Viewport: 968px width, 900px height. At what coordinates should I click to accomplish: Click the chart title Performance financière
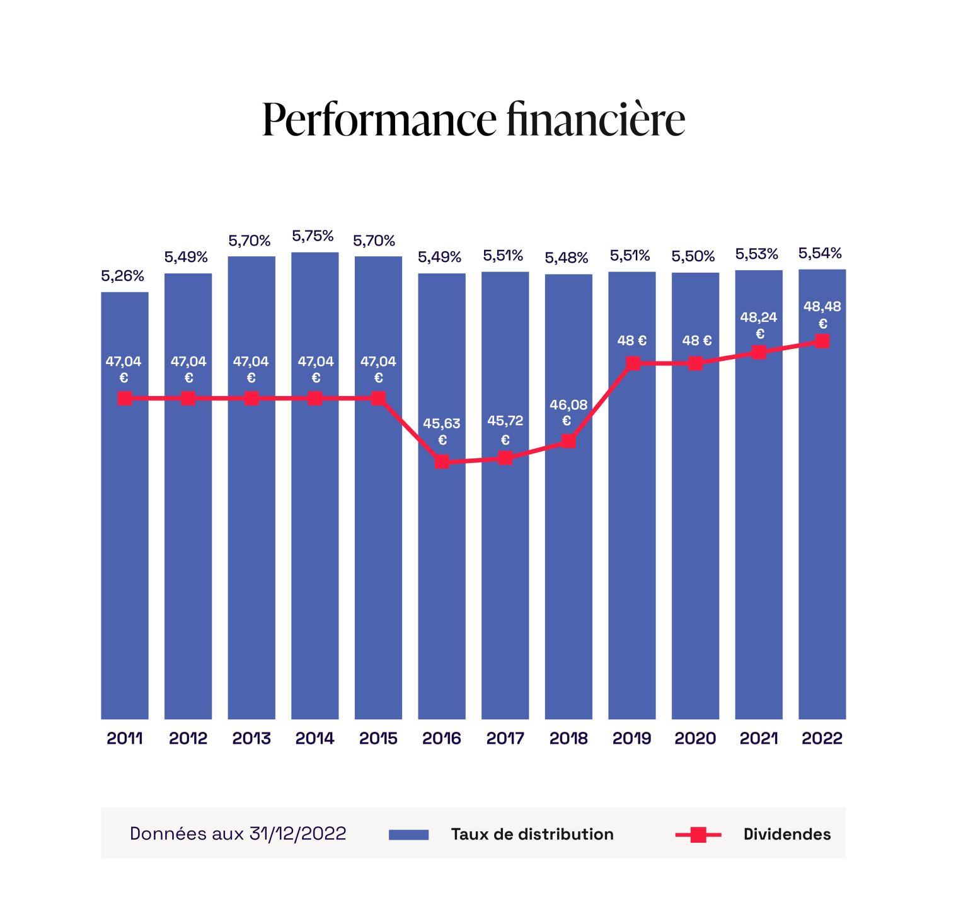point(473,118)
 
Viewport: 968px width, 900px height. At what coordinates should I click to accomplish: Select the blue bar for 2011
point(125,535)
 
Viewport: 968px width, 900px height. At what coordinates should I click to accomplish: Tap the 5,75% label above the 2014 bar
point(313,236)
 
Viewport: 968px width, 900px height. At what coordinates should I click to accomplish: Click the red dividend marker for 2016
point(442,462)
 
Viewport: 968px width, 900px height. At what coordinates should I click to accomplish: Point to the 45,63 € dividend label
point(442,431)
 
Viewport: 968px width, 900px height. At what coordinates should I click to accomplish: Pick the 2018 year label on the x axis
point(568,738)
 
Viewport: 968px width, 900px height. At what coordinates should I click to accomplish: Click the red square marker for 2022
point(822,341)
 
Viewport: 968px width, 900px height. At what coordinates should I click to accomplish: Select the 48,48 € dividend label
point(822,314)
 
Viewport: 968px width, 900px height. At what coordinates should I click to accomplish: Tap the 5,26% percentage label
point(123,276)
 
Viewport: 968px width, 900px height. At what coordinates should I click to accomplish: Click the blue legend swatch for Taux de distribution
point(408,834)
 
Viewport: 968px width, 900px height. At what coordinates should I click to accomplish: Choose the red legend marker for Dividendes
point(698,835)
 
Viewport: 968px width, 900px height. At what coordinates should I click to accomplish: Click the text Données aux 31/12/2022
point(238,834)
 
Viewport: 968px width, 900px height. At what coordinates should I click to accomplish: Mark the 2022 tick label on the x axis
point(822,738)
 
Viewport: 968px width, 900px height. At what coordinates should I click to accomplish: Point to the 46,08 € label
point(568,412)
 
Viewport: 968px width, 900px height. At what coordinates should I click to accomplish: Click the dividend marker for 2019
point(633,363)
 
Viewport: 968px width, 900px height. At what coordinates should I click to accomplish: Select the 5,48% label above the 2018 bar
point(567,258)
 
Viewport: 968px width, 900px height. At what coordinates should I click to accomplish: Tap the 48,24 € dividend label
point(759,324)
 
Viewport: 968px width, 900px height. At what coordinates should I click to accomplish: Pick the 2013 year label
point(251,738)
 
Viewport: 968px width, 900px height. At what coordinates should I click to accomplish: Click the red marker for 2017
point(505,458)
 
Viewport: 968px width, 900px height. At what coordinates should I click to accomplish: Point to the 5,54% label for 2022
point(820,253)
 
